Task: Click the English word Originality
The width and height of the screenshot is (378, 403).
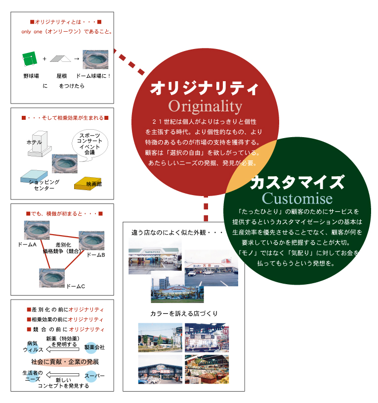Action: (205, 106)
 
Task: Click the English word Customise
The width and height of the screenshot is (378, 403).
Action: (297, 198)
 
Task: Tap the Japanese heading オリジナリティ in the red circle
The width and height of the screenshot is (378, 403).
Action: (204, 89)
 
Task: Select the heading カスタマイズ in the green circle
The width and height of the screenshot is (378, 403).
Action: (297, 182)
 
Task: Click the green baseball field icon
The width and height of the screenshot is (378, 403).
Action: (30, 59)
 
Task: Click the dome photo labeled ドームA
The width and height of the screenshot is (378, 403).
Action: (36, 230)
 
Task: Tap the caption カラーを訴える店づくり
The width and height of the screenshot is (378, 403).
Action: (184, 314)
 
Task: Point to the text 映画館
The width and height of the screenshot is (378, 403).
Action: (93, 184)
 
